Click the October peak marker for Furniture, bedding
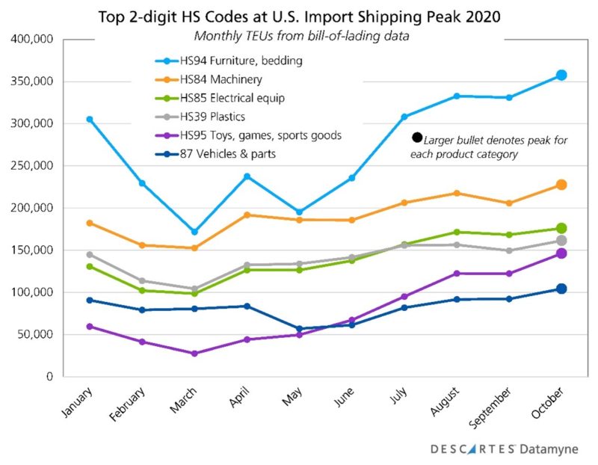pos(561,76)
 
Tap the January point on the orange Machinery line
pos(90,223)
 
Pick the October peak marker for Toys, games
pos(561,254)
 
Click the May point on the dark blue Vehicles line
pos(299,329)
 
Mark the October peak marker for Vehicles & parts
pos(561,289)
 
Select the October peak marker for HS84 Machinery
pos(561,185)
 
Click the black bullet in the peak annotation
pos(417,138)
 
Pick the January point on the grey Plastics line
pos(90,255)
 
